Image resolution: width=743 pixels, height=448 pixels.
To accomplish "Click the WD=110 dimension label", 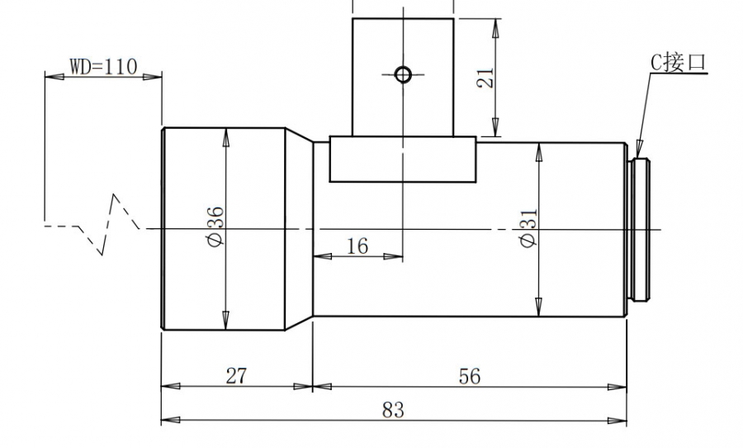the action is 104,67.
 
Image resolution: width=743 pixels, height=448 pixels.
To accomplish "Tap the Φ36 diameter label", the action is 215,226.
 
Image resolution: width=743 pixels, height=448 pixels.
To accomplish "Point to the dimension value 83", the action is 393,410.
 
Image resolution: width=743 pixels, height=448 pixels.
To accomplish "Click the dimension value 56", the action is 470,376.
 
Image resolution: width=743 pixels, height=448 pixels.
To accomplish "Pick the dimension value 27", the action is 236,376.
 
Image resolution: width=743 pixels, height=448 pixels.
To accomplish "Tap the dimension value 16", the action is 357,246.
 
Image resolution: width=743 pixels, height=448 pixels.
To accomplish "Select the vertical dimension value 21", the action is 485,78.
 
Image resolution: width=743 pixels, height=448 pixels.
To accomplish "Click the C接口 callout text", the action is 678,63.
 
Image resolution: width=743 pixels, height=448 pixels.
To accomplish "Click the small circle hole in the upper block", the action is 403,74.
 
